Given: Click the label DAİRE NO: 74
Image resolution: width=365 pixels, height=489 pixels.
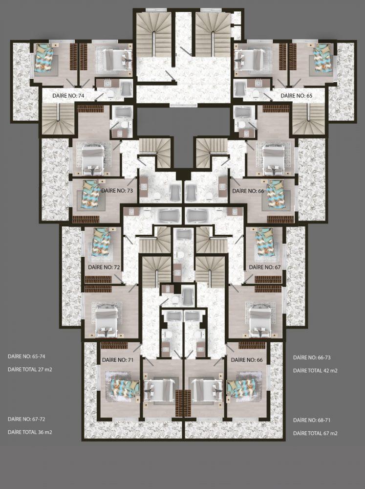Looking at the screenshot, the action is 68,96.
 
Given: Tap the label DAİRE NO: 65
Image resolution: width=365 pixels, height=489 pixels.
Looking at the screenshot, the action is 297,96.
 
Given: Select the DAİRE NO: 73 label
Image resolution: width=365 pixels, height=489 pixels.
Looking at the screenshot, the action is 117,191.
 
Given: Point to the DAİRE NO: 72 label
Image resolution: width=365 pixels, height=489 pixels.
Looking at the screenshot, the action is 104,267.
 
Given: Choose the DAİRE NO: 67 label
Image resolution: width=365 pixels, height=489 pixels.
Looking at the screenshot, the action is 265,267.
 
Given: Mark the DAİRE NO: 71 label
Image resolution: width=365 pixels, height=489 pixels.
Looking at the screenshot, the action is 118,360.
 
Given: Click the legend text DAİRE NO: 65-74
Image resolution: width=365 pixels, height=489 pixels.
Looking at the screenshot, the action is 24,356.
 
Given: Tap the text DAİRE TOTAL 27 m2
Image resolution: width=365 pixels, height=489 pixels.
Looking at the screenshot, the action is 30,370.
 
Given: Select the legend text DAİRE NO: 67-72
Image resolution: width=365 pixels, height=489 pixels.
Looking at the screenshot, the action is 26,419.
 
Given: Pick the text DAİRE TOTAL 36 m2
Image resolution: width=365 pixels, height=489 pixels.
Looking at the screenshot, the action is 30,432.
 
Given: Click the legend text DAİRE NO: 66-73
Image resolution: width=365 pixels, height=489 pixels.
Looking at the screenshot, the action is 312,357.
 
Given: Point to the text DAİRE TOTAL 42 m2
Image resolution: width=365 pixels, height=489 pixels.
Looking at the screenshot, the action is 316,371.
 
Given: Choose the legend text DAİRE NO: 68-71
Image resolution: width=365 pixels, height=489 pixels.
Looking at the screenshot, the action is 312,420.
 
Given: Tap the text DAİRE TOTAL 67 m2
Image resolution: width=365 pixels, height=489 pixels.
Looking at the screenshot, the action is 316,433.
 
